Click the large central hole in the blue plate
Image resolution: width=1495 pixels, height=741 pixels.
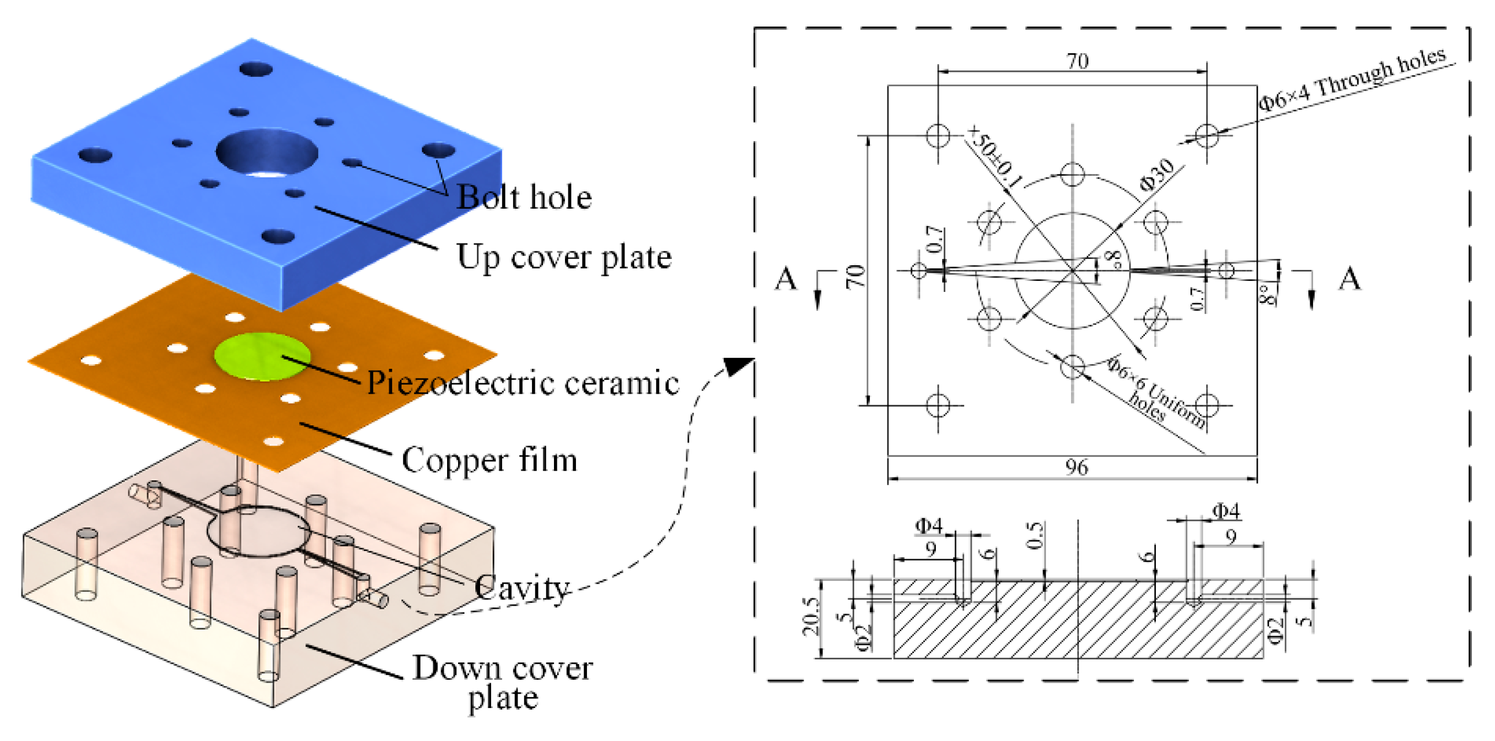pyautogui.click(x=266, y=153)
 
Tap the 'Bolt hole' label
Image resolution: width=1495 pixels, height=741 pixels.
pyautogui.click(x=524, y=198)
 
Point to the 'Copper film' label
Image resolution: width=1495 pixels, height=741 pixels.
pyautogui.click(x=489, y=460)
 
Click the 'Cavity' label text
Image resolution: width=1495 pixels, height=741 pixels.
pyautogui.click(x=521, y=588)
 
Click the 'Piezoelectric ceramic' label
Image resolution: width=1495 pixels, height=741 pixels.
pyautogui.click(x=522, y=383)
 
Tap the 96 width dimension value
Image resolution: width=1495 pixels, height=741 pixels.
pyautogui.click(x=1076, y=468)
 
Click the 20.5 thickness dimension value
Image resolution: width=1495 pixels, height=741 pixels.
pyautogui.click(x=811, y=616)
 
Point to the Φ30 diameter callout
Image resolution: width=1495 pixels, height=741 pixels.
pyautogui.click(x=1156, y=175)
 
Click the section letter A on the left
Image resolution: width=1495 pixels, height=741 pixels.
pyautogui.click(x=786, y=279)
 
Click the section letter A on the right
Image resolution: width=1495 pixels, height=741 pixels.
pyautogui.click(x=1350, y=279)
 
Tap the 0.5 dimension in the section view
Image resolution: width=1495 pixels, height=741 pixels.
pyautogui.click(x=1035, y=535)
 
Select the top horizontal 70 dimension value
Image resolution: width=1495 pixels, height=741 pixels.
pyautogui.click(x=1077, y=61)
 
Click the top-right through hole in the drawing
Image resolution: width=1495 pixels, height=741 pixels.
pyautogui.click(x=1207, y=136)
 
